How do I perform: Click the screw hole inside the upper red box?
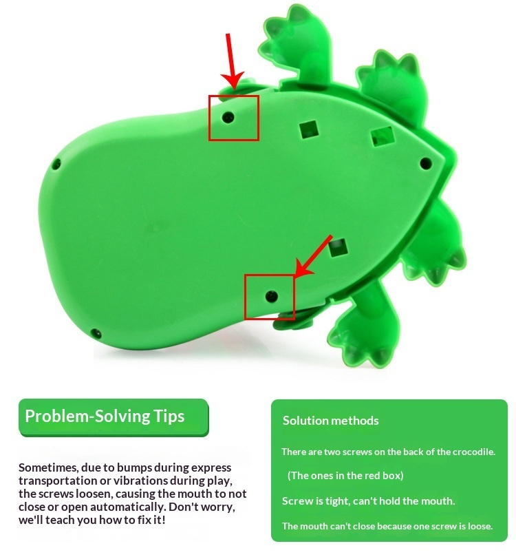pos(228,117)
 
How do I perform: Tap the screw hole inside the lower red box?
pos(272,295)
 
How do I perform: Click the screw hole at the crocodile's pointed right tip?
pos(425,164)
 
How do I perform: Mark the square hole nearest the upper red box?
pos(309,129)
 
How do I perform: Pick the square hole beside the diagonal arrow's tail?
pos(338,247)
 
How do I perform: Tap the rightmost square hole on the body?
pos(383,137)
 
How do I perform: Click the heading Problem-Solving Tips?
pos(105,417)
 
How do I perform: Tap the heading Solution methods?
pos(331,421)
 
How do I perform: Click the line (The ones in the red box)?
pos(345,476)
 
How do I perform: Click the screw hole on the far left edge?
pos(56,164)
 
